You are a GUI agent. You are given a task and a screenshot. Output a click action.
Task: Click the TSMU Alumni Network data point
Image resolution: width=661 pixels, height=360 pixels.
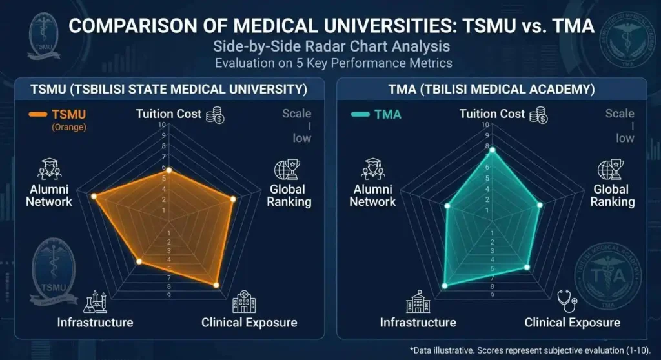[x=94, y=195]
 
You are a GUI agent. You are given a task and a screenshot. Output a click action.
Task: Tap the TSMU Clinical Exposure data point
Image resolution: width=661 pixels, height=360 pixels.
[x=216, y=285]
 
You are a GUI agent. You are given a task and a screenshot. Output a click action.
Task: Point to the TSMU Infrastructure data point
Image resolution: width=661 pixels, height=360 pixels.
[x=138, y=261]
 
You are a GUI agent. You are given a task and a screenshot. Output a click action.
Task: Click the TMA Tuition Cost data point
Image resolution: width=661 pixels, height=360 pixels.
[x=492, y=150]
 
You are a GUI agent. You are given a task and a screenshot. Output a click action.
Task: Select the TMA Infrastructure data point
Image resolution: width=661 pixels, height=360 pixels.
[x=444, y=285]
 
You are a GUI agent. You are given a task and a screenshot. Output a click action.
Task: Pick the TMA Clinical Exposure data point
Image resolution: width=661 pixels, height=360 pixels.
[x=527, y=266]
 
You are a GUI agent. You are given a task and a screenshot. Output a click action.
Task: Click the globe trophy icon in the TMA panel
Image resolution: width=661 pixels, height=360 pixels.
[x=610, y=170]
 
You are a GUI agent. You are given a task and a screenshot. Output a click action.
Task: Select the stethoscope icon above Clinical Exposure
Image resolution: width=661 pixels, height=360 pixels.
[x=567, y=301]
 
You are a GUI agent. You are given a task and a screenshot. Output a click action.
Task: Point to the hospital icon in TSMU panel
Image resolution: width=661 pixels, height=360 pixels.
[x=244, y=301]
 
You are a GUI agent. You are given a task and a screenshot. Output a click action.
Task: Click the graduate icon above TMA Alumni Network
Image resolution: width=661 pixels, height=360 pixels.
[x=372, y=170]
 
